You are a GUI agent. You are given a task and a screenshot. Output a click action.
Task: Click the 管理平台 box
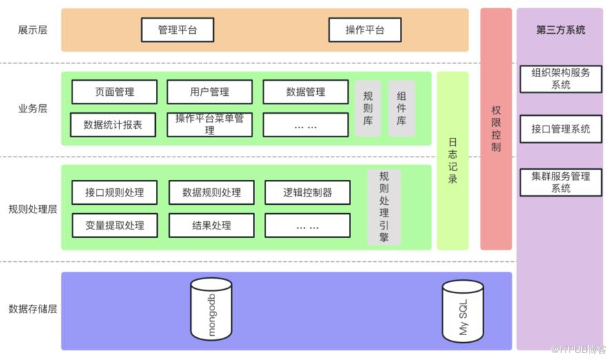tap(177, 30)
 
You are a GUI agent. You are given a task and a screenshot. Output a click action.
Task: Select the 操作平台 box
tap(364, 30)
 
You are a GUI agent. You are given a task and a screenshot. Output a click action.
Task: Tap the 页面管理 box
tap(114, 92)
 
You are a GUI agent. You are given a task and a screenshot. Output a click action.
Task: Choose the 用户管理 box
tap(209, 92)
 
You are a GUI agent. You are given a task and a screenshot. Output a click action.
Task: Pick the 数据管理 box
tap(305, 92)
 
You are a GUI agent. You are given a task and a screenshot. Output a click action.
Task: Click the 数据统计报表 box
tap(114, 125)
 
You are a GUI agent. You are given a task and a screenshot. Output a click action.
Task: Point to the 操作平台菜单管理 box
tap(209, 125)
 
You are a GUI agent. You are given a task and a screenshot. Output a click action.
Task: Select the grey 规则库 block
tap(368, 108)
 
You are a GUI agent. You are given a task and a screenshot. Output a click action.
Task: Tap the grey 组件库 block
tap(401, 108)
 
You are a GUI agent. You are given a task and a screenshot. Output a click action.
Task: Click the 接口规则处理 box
tap(114, 192)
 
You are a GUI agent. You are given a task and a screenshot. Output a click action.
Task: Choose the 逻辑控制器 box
tap(308, 192)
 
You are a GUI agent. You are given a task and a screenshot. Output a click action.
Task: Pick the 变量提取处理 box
tap(114, 226)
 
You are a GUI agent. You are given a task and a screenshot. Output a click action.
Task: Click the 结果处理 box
tap(211, 226)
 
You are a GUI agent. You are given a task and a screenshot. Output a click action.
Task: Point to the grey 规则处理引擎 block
tap(384, 207)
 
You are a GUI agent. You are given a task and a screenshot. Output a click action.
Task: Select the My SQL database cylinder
tap(462, 310)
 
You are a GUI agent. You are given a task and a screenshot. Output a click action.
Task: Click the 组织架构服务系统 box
tap(561, 79)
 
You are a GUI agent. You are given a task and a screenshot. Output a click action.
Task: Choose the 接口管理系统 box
tap(561, 129)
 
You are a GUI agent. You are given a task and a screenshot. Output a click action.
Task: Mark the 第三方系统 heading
tap(561, 30)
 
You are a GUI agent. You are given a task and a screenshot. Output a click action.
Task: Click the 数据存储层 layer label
tap(32, 309)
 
